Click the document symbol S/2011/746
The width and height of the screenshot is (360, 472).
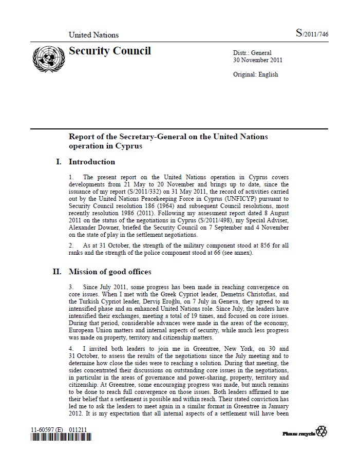(x=312, y=34)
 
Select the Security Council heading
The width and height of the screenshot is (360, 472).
(x=110, y=51)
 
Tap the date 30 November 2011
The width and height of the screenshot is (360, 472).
(x=258, y=60)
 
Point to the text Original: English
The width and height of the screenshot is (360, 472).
(x=256, y=74)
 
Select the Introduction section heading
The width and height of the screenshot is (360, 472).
(x=92, y=162)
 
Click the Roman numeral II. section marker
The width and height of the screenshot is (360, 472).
(x=57, y=272)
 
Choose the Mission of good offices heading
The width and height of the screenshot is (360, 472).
(x=110, y=272)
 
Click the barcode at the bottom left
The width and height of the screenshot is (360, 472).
(x=61, y=438)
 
